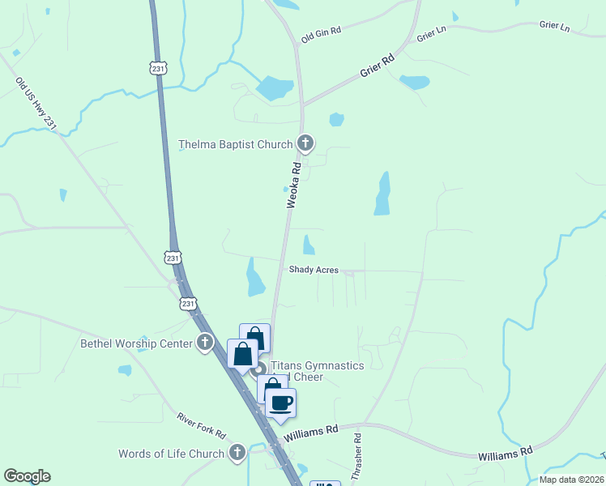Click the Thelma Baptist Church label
tap(235, 145)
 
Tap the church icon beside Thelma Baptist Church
tap(305, 144)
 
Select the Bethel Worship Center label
tap(136, 343)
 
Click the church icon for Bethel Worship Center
tap(205, 343)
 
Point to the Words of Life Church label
tap(171, 454)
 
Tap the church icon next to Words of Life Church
tap(237, 453)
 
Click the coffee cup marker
tap(281, 403)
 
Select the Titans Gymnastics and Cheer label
tap(317, 371)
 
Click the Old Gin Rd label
tap(321, 34)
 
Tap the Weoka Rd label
tap(295, 185)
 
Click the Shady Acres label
tap(314, 270)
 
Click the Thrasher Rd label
tap(357, 458)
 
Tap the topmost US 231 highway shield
tap(159, 68)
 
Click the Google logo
tap(27, 476)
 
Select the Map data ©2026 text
tap(571, 480)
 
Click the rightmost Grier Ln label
tap(554, 25)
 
